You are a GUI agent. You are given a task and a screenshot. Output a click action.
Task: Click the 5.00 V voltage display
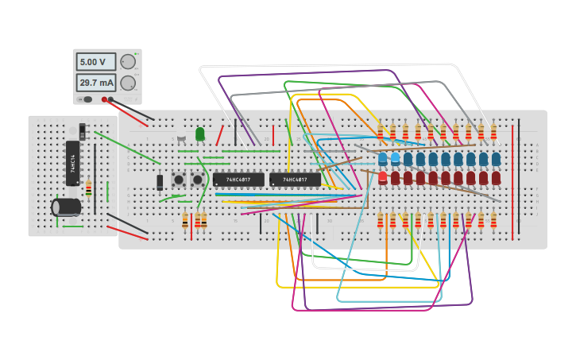tap(95, 62)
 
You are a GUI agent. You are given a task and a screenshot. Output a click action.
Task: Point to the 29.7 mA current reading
tap(95, 83)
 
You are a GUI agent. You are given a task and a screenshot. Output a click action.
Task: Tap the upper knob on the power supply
tap(128, 62)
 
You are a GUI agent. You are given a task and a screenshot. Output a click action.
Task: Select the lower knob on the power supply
tap(128, 83)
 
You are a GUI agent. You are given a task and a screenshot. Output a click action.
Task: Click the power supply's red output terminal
tap(105, 99)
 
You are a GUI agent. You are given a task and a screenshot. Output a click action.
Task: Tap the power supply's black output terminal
tap(112, 99)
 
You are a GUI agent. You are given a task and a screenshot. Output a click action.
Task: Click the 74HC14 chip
tap(72, 163)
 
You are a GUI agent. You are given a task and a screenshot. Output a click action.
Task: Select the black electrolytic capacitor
tap(67, 207)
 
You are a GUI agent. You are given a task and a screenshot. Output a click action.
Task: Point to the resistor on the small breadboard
tap(88, 188)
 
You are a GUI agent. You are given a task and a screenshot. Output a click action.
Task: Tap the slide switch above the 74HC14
tap(83, 131)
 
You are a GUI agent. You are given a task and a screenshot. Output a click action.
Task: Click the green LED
tap(200, 134)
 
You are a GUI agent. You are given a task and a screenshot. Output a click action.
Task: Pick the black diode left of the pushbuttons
tap(160, 182)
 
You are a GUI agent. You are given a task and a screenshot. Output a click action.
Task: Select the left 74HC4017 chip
tap(238, 180)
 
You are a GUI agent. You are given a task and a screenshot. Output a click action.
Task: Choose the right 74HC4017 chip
tap(295, 180)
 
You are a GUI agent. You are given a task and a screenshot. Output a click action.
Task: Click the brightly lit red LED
tap(383, 177)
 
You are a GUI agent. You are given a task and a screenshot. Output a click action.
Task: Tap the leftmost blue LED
tap(383, 159)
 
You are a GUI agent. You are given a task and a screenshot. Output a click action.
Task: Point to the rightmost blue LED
tap(497, 159)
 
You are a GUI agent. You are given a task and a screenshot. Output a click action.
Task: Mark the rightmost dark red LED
tap(497, 177)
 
